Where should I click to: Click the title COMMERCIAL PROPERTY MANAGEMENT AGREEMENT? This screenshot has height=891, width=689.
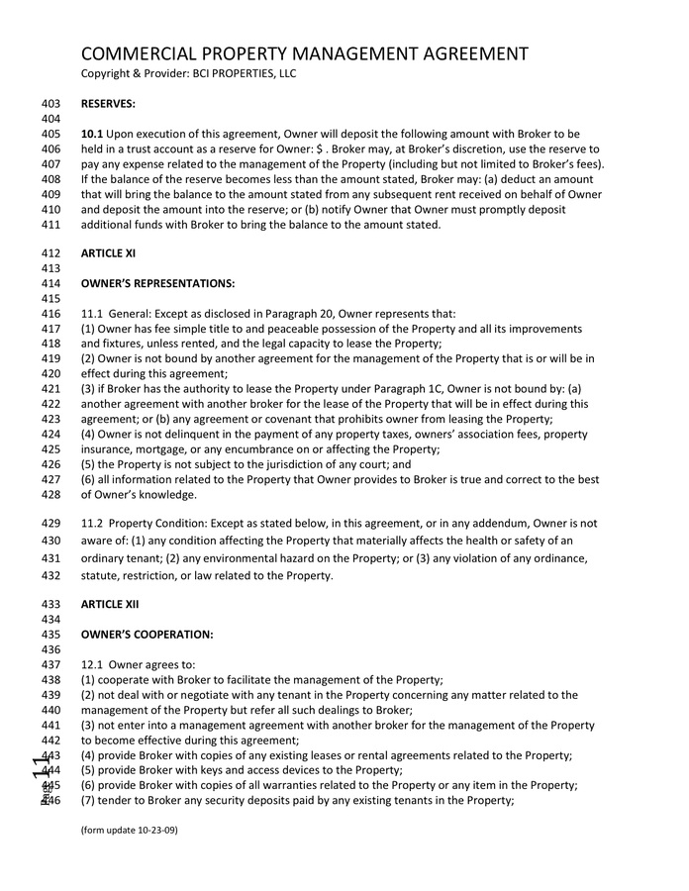click(304, 53)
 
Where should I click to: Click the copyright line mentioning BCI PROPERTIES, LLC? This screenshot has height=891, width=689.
click(188, 73)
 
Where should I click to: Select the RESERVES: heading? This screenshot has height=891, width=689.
click(108, 103)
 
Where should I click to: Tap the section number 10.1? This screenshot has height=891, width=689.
click(92, 134)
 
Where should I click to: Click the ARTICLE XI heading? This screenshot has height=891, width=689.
click(108, 253)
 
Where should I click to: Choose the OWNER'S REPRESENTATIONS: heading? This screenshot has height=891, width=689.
click(157, 284)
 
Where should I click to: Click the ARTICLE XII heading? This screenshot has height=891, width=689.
click(109, 604)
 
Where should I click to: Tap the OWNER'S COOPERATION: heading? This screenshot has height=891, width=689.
click(147, 635)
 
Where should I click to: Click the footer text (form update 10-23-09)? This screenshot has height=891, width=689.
click(129, 830)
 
